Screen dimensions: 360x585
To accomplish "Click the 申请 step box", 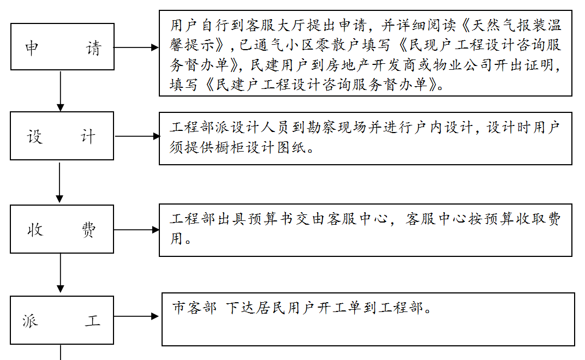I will pos(62,47).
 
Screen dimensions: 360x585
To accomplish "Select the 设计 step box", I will pos(62,136).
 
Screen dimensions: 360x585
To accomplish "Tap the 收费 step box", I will pos(62,229).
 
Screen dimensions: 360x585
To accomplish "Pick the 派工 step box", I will pos(62,320).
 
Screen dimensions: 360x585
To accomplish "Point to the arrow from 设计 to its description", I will pos(136,136).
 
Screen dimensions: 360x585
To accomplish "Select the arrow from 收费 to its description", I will pos(136,230).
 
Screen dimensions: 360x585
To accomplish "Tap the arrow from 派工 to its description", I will pos(136,316).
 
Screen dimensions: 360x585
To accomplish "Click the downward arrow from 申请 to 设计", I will pos(61,91).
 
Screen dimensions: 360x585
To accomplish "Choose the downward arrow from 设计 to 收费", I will pos(60,182).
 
